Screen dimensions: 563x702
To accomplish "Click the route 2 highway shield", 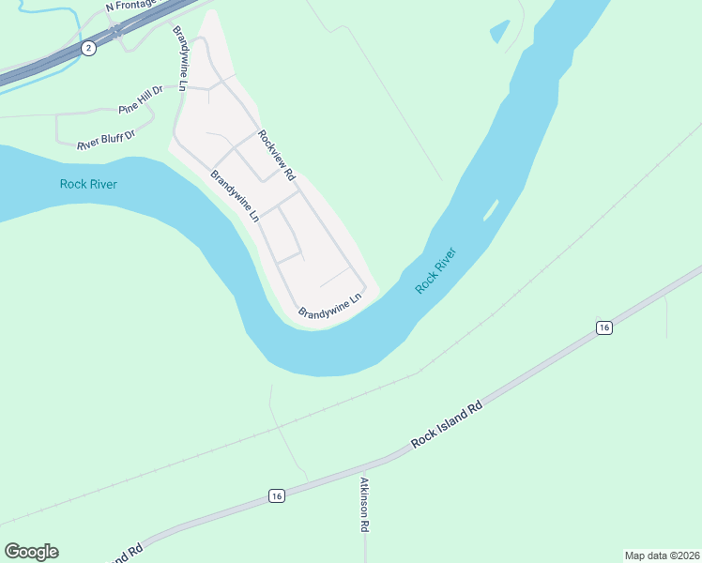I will (x=87, y=48).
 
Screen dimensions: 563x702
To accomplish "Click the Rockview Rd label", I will (x=277, y=155).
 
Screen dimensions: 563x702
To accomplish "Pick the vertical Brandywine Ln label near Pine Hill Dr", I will (x=181, y=57).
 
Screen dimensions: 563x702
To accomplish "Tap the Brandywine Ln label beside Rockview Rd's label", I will (x=235, y=195).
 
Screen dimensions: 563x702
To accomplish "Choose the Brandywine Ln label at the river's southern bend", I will (x=329, y=307).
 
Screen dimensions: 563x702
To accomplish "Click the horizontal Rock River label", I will (x=88, y=184).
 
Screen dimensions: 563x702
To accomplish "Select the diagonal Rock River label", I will (x=436, y=271).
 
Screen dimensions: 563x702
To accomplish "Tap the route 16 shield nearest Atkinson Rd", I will (x=275, y=495).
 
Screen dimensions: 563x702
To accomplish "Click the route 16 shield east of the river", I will (x=603, y=327).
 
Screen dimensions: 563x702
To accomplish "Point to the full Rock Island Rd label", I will (x=447, y=425).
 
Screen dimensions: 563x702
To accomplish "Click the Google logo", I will (x=31, y=552).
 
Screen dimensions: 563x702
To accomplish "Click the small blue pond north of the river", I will (x=500, y=31).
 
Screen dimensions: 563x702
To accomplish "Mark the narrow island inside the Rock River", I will (x=490, y=209).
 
